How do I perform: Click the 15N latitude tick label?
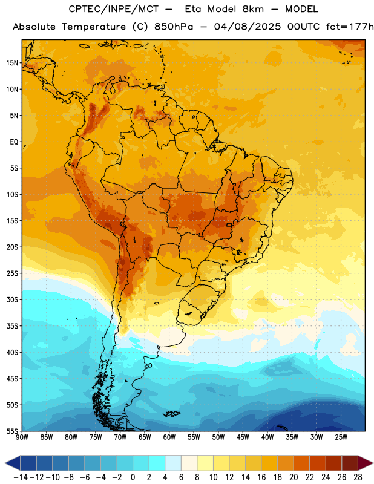(x=12, y=63)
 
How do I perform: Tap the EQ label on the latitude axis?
(x=14, y=142)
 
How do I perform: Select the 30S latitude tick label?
(x=12, y=299)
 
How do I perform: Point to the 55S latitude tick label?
(x=12, y=431)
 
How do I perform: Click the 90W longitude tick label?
(x=22, y=437)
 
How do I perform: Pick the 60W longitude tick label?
(x=169, y=437)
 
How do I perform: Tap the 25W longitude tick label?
(x=341, y=437)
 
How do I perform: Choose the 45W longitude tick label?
(x=243, y=437)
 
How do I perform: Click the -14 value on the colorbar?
(x=21, y=477)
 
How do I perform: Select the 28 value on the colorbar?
(x=358, y=477)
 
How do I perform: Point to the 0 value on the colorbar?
(x=133, y=477)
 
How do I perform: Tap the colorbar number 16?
(x=261, y=477)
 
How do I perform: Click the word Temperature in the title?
(x=94, y=27)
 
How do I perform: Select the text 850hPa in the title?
(x=174, y=27)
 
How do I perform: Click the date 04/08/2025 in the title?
(x=248, y=27)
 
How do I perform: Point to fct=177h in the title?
(x=350, y=27)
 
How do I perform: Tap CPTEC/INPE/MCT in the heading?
(x=114, y=9)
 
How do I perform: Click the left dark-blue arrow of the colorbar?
(x=13, y=463)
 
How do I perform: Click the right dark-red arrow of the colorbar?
(x=366, y=463)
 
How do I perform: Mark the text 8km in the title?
(x=253, y=9)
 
